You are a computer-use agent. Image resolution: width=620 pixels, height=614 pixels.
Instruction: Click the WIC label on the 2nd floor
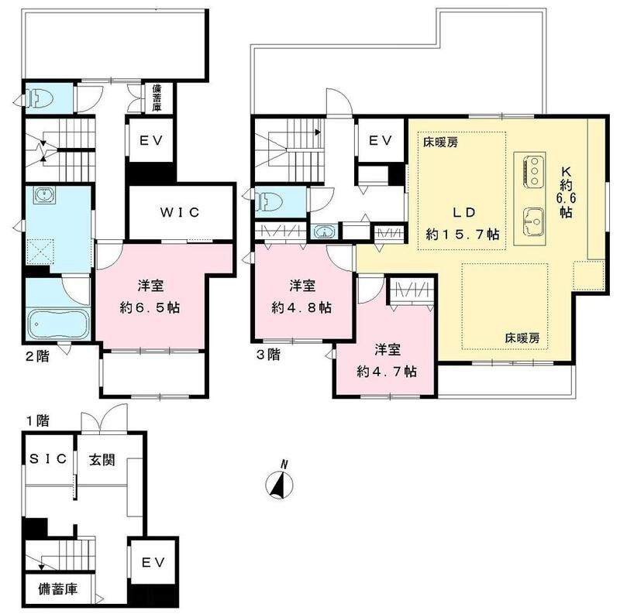point(180,212)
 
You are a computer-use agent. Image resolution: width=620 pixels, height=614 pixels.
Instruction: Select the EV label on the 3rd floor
point(378,141)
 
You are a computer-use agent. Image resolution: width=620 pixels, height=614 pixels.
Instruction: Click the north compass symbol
point(278,483)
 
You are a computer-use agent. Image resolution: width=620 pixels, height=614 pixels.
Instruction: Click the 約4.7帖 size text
point(387,372)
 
